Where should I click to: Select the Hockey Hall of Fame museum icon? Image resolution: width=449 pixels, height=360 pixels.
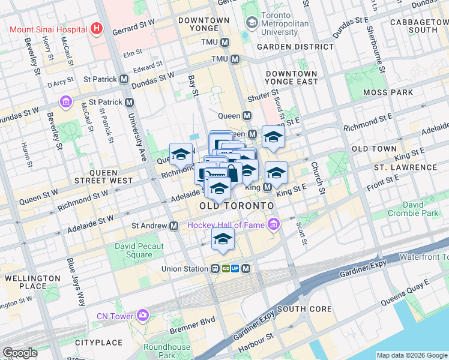pos(274,225)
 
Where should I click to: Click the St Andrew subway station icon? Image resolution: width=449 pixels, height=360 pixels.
pos(173,226)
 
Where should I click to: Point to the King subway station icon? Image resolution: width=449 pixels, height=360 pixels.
pos(267,188)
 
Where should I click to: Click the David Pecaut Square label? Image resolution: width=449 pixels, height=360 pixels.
pos(133,250)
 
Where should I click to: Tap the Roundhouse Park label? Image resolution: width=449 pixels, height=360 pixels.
pos(167,351)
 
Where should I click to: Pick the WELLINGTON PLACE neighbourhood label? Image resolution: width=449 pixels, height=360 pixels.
pos(28,282)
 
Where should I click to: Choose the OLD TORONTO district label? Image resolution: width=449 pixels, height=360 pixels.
pos(236,206)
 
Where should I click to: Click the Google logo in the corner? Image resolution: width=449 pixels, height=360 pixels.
pos(20,353)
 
